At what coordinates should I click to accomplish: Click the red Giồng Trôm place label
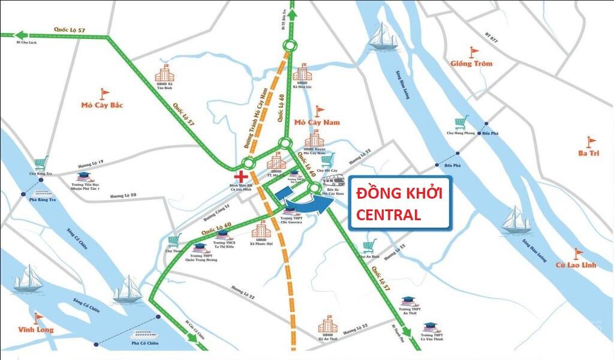coord(471,64)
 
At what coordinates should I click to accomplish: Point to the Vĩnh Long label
coord(35,329)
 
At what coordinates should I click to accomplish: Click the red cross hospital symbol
coord(241,176)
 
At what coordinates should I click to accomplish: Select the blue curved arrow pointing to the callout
coord(309,204)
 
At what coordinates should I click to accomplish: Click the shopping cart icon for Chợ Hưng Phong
coord(460,124)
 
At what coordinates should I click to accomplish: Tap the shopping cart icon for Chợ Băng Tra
coord(41,163)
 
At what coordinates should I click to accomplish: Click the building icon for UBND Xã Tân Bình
coord(164,73)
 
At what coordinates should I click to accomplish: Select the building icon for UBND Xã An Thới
coord(327,325)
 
